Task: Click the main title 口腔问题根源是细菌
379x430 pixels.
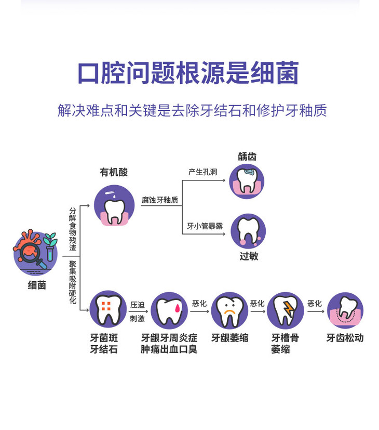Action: (x=188, y=73)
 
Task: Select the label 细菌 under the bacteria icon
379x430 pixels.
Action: (x=36, y=285)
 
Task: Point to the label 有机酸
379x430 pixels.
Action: (x=114, y=172)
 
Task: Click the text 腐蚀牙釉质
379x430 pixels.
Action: (x=160, y=200)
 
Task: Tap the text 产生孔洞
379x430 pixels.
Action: (x=202, y=172)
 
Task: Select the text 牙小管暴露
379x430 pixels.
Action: (x=205, y=226)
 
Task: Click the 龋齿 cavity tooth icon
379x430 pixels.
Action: (x=247, y=181)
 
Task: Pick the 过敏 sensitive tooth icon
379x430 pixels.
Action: (x=248, y=231)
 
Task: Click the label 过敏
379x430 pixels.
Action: (x=249, y=256)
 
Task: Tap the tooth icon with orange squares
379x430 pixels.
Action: (x=108, y=308)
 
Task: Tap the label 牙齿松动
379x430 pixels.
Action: (x=345, y=338)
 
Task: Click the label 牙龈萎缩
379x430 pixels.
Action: (x=229, y=338)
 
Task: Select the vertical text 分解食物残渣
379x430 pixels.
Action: (x=73, y=229)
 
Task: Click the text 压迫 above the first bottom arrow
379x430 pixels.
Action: (x=138, y=305)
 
